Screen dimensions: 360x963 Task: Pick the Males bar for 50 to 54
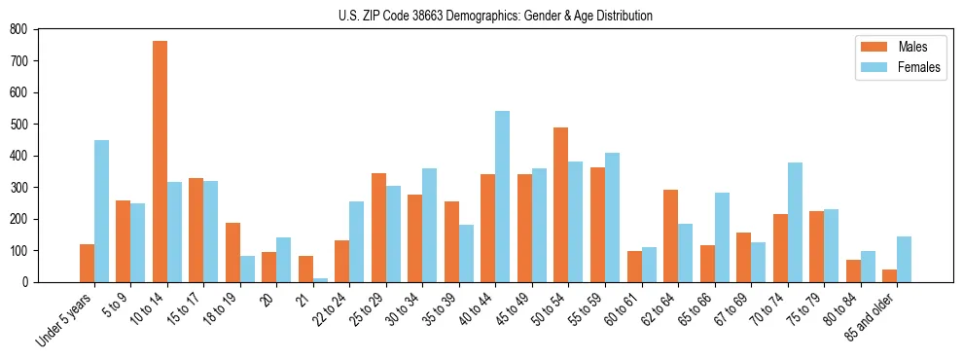pos(561,204)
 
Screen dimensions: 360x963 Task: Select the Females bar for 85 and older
pos(904,259)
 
